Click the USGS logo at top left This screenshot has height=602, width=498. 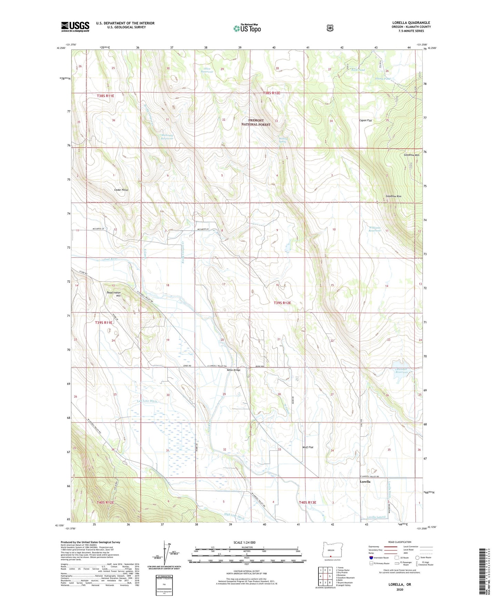pos(75,27)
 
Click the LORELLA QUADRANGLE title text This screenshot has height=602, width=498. pos(411,23)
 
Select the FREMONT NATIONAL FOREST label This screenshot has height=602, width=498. pos(256,122)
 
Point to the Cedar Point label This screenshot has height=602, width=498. pos(121,190)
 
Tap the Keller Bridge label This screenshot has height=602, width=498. pos(233,370)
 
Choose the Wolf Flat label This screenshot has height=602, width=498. pos(308,447)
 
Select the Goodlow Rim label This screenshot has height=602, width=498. pos(393,196)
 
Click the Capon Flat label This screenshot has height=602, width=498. pos(365,121)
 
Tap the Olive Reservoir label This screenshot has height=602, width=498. pos(207,70)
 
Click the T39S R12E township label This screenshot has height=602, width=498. pos(282,303)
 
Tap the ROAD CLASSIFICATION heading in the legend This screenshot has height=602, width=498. pos(399,542)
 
